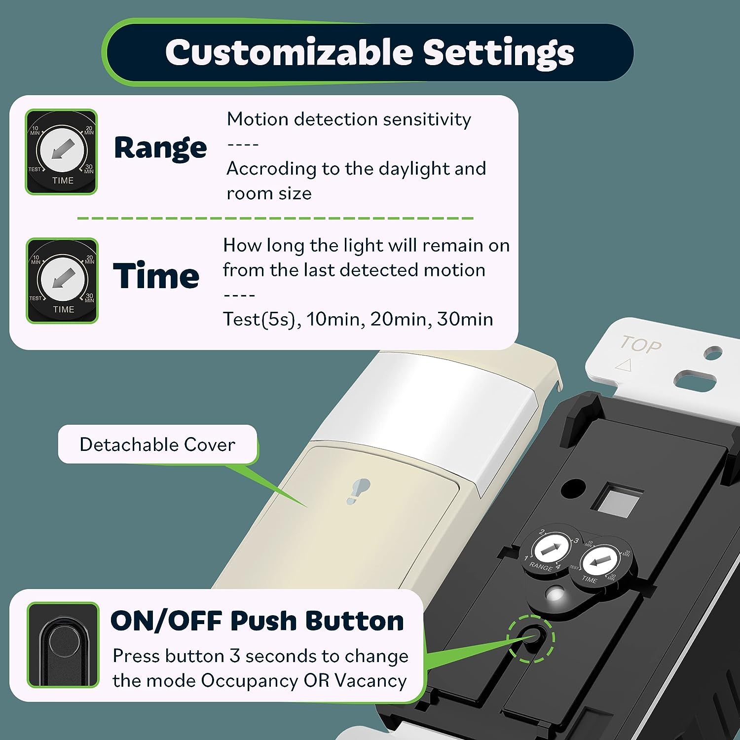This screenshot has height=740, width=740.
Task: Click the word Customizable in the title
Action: click(289, 52)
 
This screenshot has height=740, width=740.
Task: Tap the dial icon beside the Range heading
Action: click(62, 152)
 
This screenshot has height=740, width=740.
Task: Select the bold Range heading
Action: click(160, 148)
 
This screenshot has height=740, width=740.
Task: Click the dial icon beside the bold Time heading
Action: click(62, 281)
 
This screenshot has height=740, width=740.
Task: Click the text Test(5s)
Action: click(261, 319)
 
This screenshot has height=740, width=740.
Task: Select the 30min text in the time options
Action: click(465, 319)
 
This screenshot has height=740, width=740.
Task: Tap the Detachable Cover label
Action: click(157, 444)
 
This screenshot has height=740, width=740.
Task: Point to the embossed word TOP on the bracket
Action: click(641, 344)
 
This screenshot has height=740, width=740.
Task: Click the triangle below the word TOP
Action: click(624, 365)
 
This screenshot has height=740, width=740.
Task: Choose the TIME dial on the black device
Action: click(599, 562)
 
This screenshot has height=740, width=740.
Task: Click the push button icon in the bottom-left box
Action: click(63, 645)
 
